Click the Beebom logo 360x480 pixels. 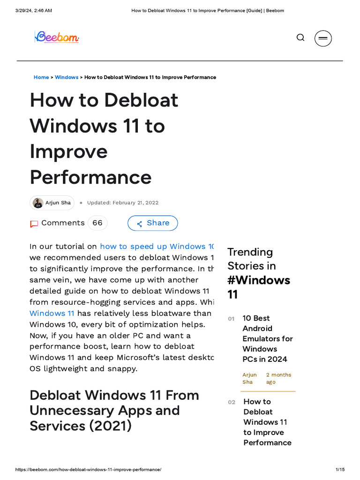[57, 37]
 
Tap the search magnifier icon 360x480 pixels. [300, 37]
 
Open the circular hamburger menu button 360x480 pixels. [323, 38]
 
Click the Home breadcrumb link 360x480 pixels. [41, 77]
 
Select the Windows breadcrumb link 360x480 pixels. [67, 77]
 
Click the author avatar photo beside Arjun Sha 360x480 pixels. [38, 203]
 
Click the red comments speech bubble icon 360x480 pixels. [34, 224]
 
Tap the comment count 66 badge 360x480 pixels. [97, 223]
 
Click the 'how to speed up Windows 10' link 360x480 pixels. [157, 247]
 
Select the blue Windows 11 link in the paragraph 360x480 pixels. [52, 314]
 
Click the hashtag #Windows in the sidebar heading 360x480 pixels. [259, 280]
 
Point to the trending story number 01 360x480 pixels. [231, 319]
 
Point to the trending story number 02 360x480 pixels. [232, 402]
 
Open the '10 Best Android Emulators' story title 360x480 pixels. [267, 338]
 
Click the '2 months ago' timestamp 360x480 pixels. [278, 378]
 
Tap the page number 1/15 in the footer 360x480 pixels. [340, 470]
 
